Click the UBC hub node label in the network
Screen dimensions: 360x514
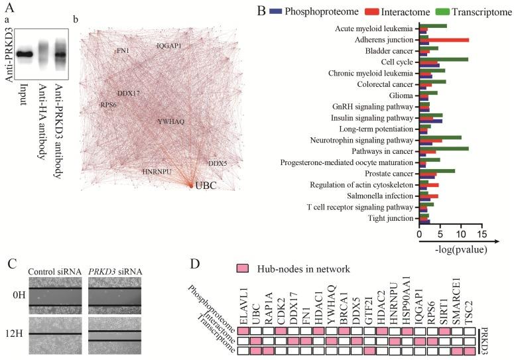point(206,187)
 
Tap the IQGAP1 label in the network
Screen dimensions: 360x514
point(168,46)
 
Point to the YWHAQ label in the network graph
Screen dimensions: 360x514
point(170,122)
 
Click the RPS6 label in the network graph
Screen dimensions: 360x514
point(109,105)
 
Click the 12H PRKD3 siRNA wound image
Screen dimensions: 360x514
point(114,331)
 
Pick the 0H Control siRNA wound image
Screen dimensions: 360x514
point(54,296)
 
